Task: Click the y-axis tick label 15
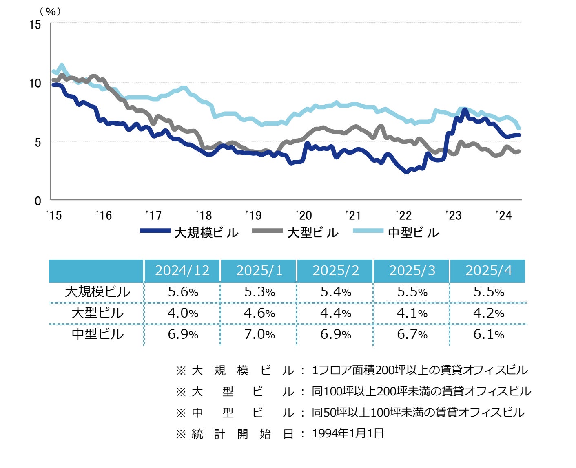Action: [x=35, y=25]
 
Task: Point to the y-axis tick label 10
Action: [x=35, y=84]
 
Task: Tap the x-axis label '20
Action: [x=304, y=215]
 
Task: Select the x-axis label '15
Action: [x=54, y=215]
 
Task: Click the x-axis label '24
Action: [x=503, y=215]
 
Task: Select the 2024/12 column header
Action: [x=182, y=271]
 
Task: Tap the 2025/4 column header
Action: [x=488, y=271]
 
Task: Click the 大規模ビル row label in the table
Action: [x=97, y=292]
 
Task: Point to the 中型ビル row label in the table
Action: [x=97, y=334]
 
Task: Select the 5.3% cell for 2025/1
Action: [x=259, y=292]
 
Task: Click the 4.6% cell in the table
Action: [x=259, y=313]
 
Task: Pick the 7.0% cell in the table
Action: [x=259, y=334]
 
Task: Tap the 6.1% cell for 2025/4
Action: [x=488, y=334]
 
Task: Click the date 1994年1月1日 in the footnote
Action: [x=348, y=433]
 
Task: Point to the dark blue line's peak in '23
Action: [x=464, y=110]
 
